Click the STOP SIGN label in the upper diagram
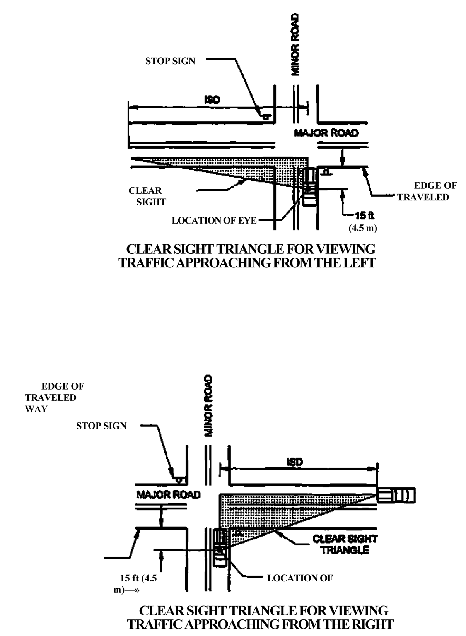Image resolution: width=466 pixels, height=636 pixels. pyautogui.click(x=170, y=61)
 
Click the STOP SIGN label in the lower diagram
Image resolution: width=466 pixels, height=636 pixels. pyautogui.click(x=101, y=426)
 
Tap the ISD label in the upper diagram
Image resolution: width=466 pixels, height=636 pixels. pyautogui.click(x=212, y=100)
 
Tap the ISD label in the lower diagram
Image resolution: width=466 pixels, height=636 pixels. pyautogui.click(x=295, y=462)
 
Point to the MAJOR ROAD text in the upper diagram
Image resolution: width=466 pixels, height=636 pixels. pyautogui.click(x=326, y=133)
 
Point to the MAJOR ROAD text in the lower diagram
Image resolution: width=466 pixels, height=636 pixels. pyautogui.click(x=169, y=495)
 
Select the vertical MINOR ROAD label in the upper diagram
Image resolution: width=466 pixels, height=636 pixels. pyautogui.click(x=295, y=45)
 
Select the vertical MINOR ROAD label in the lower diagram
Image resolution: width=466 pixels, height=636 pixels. pyautogui.click(x=208, y=406)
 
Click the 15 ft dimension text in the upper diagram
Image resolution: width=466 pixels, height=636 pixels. pyautogui.click(x=364, y=216)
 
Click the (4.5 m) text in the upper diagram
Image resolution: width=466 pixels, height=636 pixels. pyautogui.click(x=363, y=228)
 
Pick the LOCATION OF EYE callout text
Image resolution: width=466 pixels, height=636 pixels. pyautogui.click(x=214, y=221)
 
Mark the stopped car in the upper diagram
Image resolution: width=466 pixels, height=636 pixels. pyautogui.click(x=309, y=186)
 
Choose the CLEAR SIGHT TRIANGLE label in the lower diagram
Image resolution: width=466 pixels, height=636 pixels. pyautogui.click(x=345, y=545)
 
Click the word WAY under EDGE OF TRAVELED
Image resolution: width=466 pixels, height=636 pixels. pyautogui.click(x=36, y=409)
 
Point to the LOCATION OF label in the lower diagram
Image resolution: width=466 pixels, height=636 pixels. pyautogui.click(x=300, y=578)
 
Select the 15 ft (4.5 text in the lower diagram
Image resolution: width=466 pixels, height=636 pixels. pyautogui.click(x=138, y=578)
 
